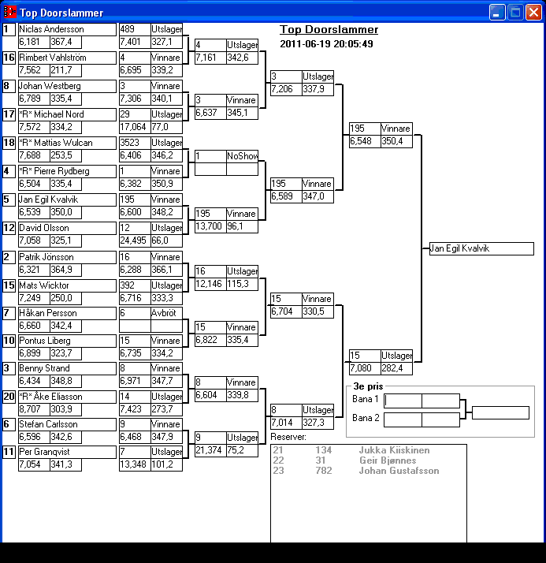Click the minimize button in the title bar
click(x=497, y=12)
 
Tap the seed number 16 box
click(x=9, y=58)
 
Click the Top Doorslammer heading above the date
click(x=329, y=30)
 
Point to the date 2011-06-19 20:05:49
click(x=326, y=44)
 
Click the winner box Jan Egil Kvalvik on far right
click(x=481, y=248)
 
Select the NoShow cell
click(x=242, y=157)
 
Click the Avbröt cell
click(x=166, y=313)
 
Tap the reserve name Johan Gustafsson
click(x=399, y=471)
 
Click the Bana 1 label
click(x=365, y=399)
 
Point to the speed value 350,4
click(x=396, y=141)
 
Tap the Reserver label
click(x=288, y=437)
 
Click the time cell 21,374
click(x=210, y=450)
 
